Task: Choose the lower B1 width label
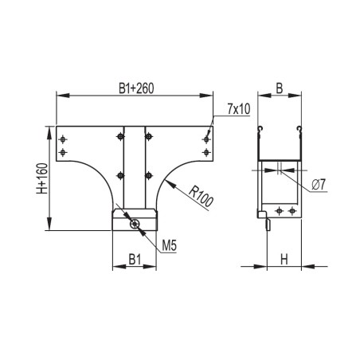pos(135,259)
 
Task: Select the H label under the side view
pos(284,259)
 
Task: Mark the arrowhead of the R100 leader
pos(170,179)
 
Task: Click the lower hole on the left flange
pos(63,151)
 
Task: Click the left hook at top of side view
pos(260,130)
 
